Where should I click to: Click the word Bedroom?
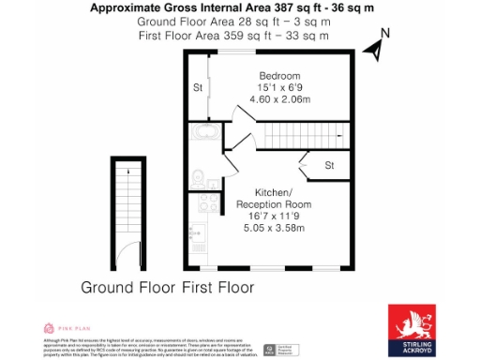[279, 76]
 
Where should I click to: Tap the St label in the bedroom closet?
[198, 88]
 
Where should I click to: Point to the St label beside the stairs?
[330, 166]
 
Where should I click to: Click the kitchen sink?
[197, 231]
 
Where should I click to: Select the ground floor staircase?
[127, 201]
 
